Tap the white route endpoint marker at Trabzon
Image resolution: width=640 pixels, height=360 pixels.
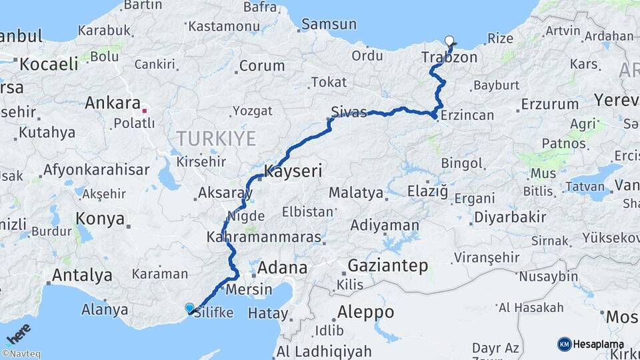coord(449,41)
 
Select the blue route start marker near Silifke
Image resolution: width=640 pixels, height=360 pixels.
coord(190,308)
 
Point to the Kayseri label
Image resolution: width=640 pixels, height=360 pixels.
coord(293,171)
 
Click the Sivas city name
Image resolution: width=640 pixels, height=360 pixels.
coord(349,112)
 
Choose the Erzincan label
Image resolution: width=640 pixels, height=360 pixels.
coord(467,115)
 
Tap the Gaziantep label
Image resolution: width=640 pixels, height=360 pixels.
coord(388,266)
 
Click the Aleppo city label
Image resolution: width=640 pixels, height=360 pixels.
coord(365,311)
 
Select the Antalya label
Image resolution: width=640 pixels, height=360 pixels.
coord(82,275)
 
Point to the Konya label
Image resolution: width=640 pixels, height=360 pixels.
coord(100,219)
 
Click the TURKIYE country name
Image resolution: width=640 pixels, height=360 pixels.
coord(215,139)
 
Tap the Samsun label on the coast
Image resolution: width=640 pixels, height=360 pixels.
coord(329,25)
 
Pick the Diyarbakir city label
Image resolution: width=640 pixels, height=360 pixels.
coord(510,217)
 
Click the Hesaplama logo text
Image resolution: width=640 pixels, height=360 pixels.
coord(598,344)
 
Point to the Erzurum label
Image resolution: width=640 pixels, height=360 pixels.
coord(550,104)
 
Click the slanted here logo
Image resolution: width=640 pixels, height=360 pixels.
coord(18,333)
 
